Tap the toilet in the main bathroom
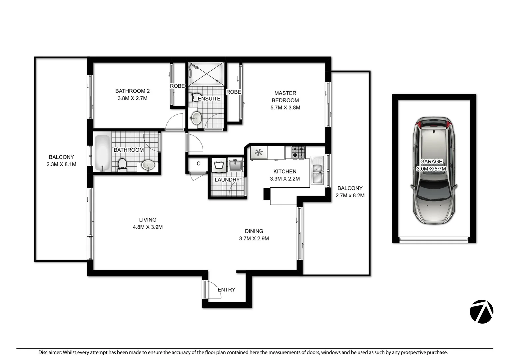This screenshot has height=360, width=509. (x=122, y=165)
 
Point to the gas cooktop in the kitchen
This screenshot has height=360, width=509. (x=298, y=152)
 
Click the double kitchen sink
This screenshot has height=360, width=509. (x=317, y=170)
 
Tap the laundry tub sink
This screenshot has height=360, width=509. (x=236, y=165)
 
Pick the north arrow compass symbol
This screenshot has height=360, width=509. (x=481, y=312)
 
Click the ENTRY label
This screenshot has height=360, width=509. (x=227, y=290)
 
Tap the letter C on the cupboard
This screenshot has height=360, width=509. (x=199, y=164)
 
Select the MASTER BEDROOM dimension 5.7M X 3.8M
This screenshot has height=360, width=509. (x=285, y=108)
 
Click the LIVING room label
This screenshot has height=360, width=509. (x=148, y=220)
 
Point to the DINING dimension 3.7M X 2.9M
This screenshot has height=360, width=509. (x=254, y=239)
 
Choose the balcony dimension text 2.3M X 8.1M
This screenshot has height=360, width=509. (x=61, y=164)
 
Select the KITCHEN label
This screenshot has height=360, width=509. (x=285, y=171)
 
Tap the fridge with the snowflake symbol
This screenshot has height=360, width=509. (x=259, y=153)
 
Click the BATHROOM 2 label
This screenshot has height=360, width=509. (x=132, y=91)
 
